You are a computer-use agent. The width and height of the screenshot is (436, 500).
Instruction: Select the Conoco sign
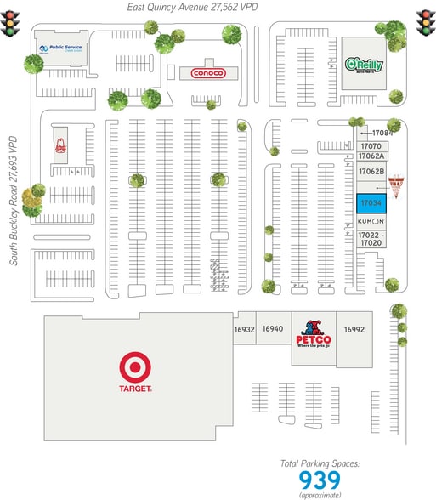click(x=207, y=73)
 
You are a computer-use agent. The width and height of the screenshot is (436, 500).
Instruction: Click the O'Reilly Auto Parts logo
click(x=364, y=64)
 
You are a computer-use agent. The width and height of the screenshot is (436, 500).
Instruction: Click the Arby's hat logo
click(x=60, y=145)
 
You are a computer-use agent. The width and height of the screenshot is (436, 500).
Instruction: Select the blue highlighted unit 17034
click(x=371, y=204)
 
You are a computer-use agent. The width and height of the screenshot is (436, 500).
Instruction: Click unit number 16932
click(x=245, y=329)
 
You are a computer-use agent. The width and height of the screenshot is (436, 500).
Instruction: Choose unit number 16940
click(x=273, y=329)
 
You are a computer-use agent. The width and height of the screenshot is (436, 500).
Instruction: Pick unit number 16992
click(x=354, y=329)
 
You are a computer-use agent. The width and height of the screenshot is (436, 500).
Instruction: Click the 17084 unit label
click(x=382, y=133)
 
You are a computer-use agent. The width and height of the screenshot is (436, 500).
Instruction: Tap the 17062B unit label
click(x=371, y=171)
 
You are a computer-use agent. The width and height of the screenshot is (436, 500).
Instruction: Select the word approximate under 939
click(x=320, y=495)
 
